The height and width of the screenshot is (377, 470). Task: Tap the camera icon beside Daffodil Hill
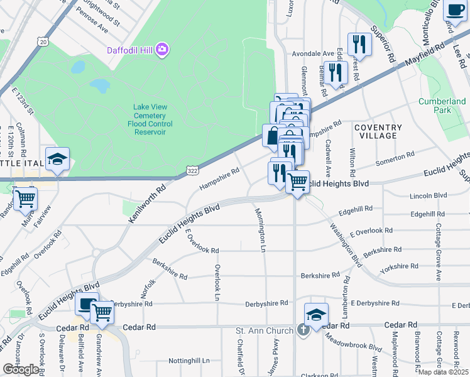[163, 48]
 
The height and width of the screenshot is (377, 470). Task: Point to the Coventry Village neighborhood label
[377, 131]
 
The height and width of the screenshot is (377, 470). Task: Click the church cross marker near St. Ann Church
[303, 331]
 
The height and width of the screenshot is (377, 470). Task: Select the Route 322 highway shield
[193, 170]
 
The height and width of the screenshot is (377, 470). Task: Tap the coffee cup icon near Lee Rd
[454, 9]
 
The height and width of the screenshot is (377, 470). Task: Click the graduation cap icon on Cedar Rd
[315, 314]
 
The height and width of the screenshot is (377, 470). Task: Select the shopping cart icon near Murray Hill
[26, 198]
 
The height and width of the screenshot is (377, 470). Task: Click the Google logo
[21, 369]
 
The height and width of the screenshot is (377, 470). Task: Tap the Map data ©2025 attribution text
[444, 372]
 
